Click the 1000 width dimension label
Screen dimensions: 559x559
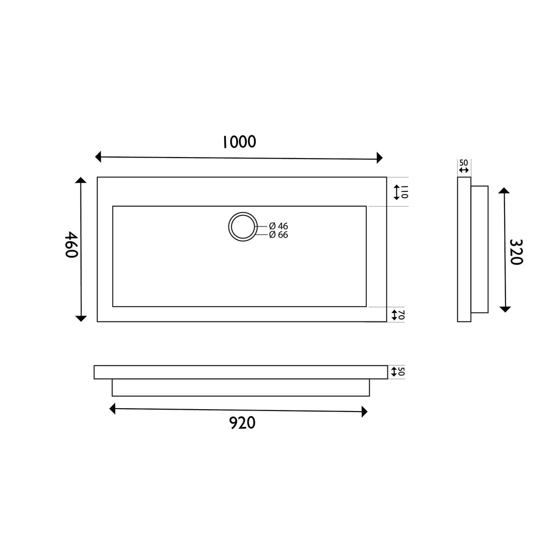239,142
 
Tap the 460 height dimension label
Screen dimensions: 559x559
71,245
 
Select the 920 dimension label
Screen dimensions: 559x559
242,423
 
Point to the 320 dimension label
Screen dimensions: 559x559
516,252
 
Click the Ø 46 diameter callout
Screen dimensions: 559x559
279,226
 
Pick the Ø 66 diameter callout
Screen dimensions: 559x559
279,235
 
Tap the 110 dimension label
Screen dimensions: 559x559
404,192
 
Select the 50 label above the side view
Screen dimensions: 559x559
464,163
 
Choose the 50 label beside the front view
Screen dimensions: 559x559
401,372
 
